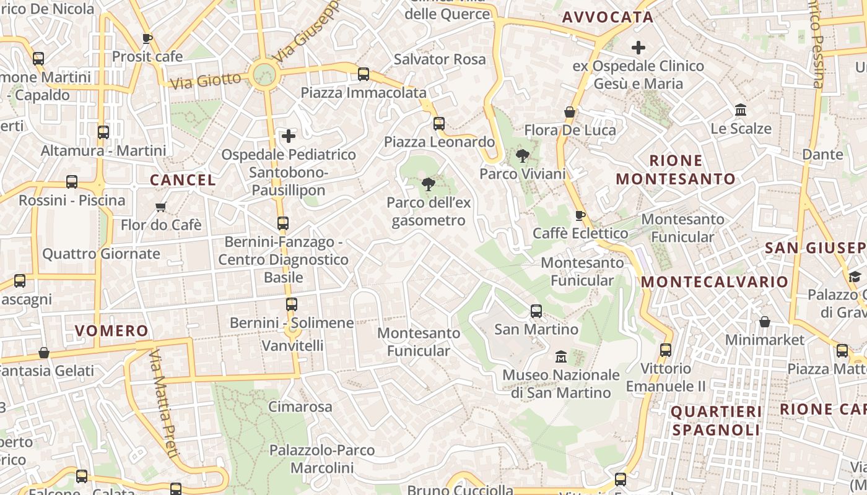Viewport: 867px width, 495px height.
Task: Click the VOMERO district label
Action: pyautogui.click(x=111, y=331)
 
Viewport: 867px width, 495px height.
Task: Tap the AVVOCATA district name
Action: pyautogui.click(x=608, y=17)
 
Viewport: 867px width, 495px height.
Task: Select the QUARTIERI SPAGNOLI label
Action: pyautogui.click(x=716, y=421)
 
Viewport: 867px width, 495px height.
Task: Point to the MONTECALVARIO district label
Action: pyautogui.click(x=715, y=282)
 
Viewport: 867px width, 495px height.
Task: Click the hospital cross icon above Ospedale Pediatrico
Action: pyautogui.click(x=289, y=136)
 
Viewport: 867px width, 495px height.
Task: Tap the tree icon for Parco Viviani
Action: pyautogui.click(x=522, y=155)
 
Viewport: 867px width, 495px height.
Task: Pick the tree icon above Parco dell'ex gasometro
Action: pyautogui.click(x=428, y=184)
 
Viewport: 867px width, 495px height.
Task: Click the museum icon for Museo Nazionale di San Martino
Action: pyautogui.click(x=561, y=356)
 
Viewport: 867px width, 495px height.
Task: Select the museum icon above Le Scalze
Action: pyautogui.click(x=740, y=110)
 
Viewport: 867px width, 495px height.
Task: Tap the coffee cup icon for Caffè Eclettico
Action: pyautogui.click(x=580, y=215)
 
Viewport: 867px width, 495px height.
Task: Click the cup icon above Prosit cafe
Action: pyautogui.click(x=147, y=38)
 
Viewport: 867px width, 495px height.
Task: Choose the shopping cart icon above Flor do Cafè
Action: pyautogui.click(x=161, y=207)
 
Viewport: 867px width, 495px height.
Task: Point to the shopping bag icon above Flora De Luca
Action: pyautogui.click(x=570, y=112)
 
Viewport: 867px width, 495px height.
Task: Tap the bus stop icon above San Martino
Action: pyautogui.click(x=536, y=311)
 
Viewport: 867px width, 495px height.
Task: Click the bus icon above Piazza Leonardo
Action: pyautogui.click(x=439, y=123)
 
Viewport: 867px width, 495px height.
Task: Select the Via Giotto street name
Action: pyautogui.click(x=205, y=80)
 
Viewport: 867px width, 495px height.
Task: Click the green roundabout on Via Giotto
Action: pyautogui.click(x=264, y=75)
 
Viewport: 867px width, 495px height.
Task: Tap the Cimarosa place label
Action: pyautogui.click(x=300, y=407)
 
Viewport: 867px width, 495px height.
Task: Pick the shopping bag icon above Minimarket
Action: pyautogui.click(x=765, y=322)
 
